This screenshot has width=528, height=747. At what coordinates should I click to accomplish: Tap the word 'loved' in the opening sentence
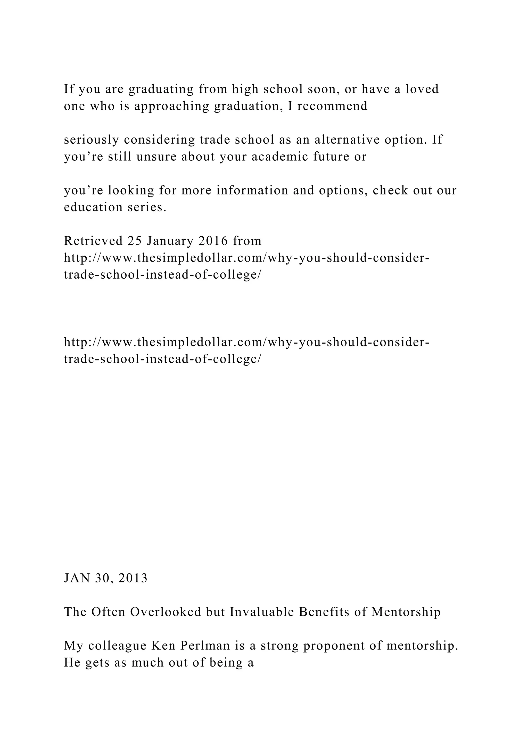[422, 89]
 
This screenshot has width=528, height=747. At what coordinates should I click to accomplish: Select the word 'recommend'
[332, 106]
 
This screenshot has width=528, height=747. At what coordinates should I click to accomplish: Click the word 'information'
[252, 190]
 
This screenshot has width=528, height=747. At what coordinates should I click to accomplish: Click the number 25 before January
[135, 241]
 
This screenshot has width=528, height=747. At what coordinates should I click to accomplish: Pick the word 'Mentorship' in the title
[406, 612]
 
